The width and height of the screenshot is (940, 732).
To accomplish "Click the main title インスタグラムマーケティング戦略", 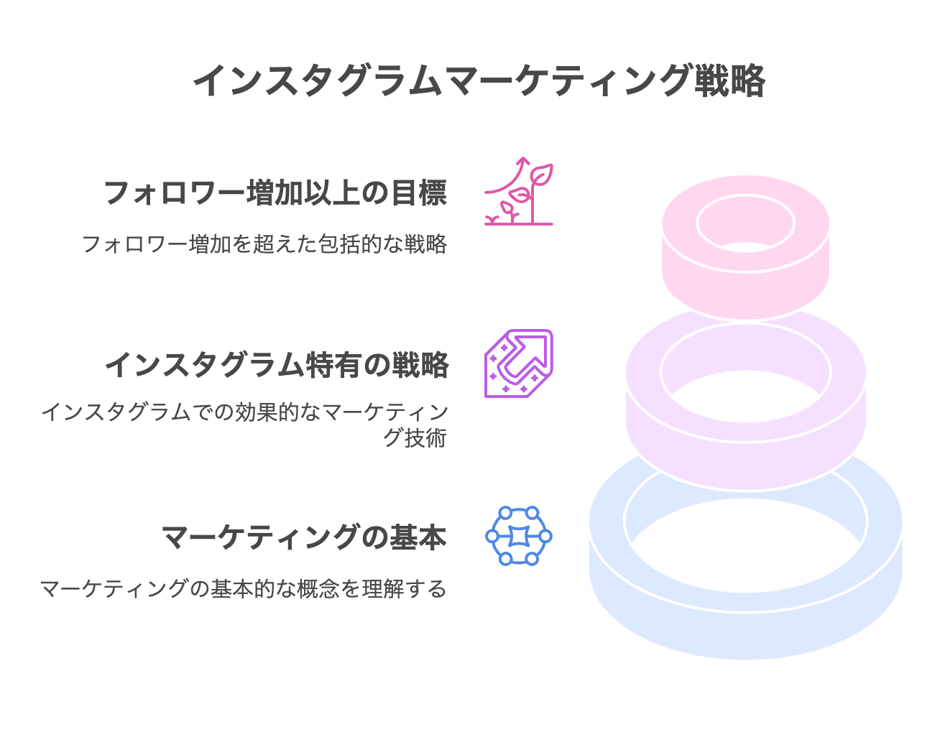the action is [x=479, y=80].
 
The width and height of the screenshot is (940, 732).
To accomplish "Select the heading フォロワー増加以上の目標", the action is [x=275, y=193].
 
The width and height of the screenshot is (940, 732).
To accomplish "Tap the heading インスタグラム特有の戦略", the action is [x=277, y=365].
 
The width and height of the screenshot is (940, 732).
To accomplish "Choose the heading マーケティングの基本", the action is [x=304, y=537].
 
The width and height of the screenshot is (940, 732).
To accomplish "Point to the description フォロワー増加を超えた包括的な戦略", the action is [x=264, y=244].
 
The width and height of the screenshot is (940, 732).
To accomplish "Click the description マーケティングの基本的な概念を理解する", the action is [x=243, y=589].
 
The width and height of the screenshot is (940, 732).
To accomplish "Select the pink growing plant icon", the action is [x=519, y=192].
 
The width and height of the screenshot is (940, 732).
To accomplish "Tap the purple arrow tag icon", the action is [x=519, y=363].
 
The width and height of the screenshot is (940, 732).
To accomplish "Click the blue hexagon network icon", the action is [x=519, y=536].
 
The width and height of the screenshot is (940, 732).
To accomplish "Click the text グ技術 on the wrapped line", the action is [x=415, y=437].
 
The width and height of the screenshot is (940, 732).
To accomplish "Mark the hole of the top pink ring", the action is [x=746, y=223].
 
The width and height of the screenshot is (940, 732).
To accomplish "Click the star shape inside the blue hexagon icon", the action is [x=519, y=536].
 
